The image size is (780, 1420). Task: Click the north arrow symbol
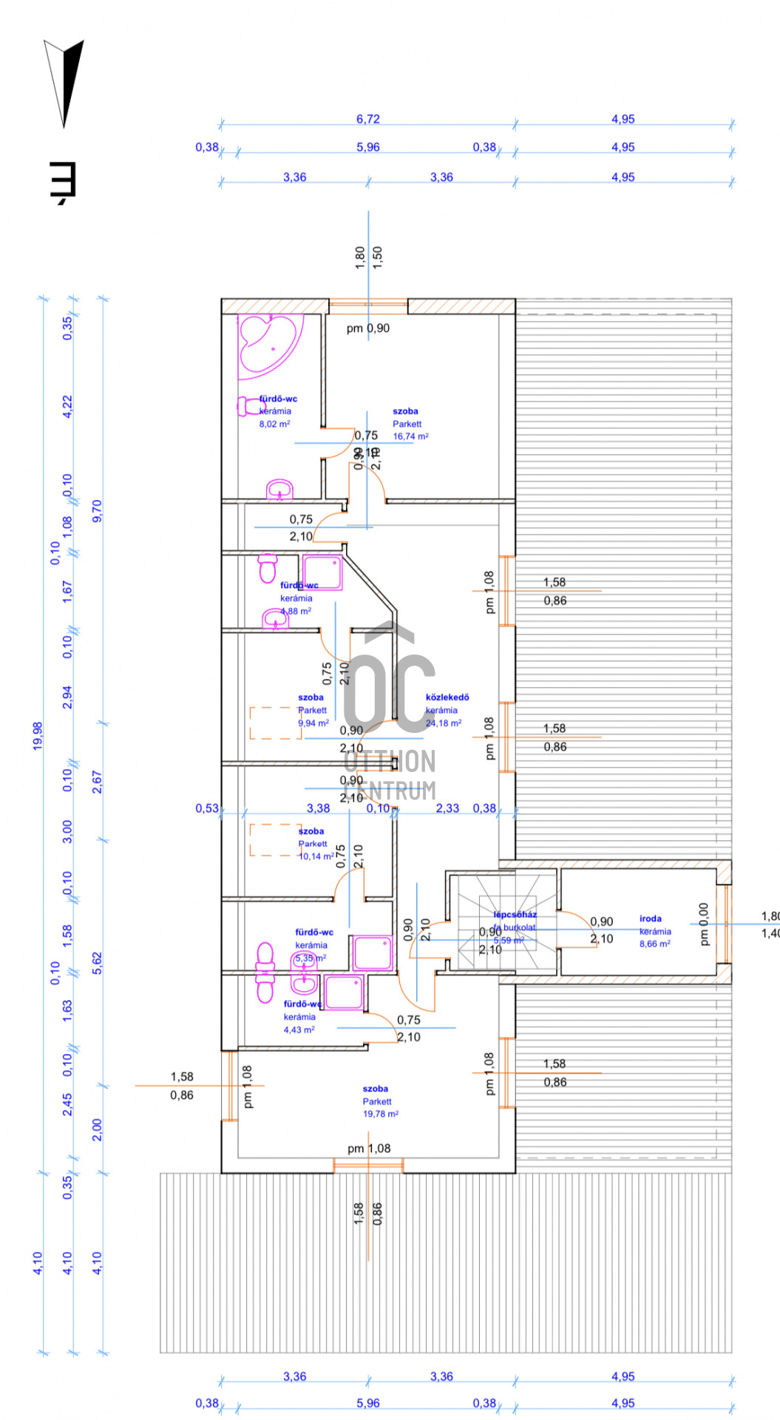click(64, 81)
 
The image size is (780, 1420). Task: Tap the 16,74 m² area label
click(410, 436)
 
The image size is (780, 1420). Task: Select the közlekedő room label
click(447, 697)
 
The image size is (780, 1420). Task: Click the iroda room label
click(651, 919)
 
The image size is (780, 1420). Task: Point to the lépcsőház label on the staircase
click(515, 914)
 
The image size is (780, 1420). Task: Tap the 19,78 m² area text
click(380, 1114)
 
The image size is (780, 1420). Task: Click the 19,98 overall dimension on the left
click(38, 736)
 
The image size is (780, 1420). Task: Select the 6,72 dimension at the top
click(367, 119)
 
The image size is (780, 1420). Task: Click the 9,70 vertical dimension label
click(97, 511)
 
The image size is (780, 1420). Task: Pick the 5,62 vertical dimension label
click(97, 962)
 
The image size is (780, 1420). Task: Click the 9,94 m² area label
click(313, 723)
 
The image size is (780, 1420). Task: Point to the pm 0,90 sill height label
click(367, 328)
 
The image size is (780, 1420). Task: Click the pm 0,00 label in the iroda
click(703, 924)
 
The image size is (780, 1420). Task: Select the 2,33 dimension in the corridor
click(447, 808)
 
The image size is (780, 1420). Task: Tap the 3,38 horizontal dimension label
click(318, 808)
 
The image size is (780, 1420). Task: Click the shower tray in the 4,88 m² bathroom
click(323, 572)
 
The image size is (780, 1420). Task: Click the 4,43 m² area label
click(299, 1029)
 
